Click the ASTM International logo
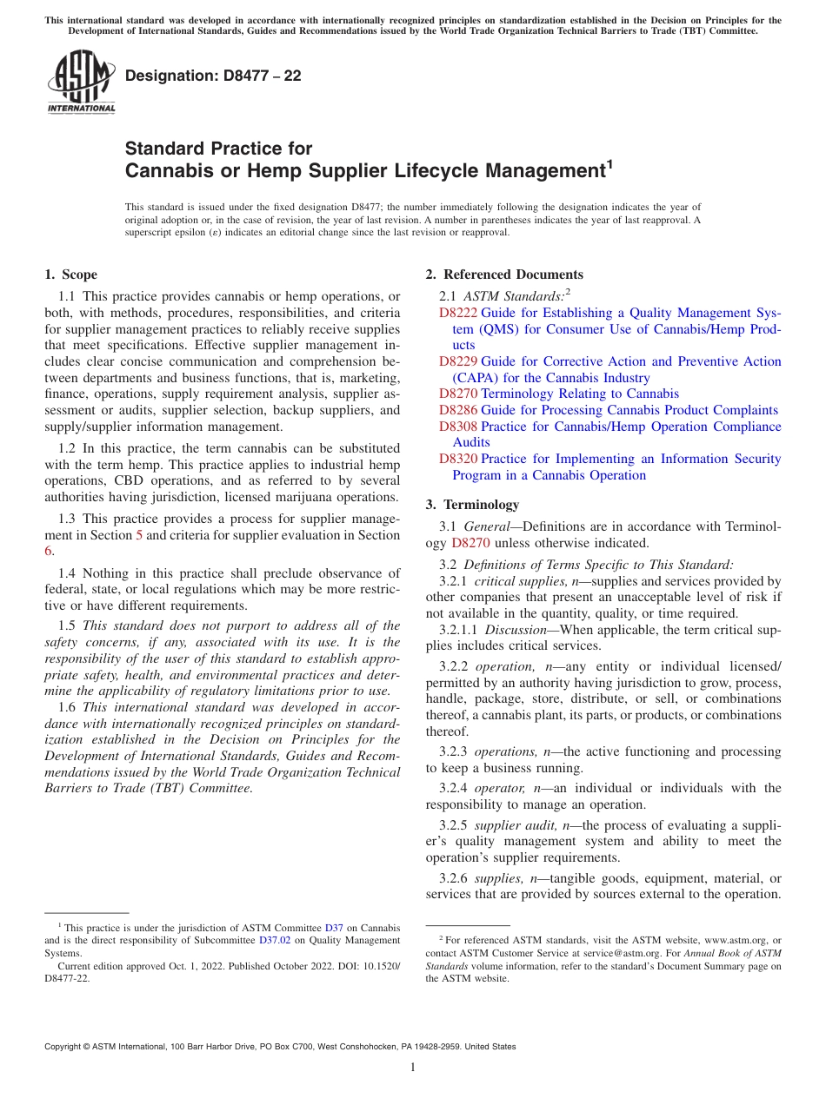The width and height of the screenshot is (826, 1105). pos(80,83)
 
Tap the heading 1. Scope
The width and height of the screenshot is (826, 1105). pos(71,275)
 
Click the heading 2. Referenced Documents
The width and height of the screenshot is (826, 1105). pos(504,275)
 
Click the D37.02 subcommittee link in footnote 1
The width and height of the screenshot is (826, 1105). pos(274,940)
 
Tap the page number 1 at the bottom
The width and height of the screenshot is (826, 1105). pos(413,1068)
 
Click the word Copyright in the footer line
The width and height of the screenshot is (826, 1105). pos(63,1047)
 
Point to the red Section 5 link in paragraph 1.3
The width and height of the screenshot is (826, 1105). pos(139,535)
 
